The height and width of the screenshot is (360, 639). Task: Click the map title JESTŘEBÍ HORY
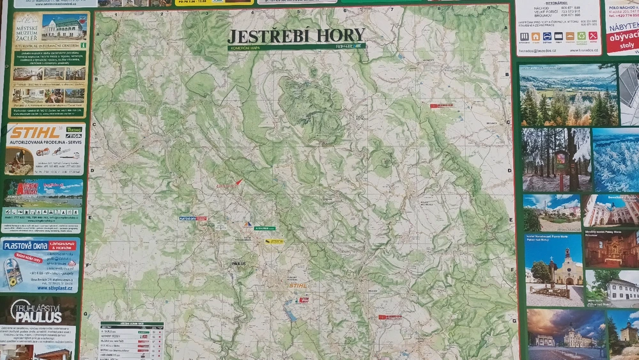pyautogui.click(x=296, y=35)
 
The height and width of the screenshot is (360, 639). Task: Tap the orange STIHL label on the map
pyautogui.click(x=298, y=286)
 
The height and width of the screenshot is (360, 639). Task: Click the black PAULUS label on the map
pyautogui.click(x=238, y=262)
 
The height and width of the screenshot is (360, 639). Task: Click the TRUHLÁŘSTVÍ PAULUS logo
pyautogui.click(x=37, y=311)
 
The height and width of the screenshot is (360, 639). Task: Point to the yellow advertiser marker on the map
pyautogui.click(x=274, y=241)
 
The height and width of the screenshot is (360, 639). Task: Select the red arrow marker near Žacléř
pyautogui.click(x=239, y=182)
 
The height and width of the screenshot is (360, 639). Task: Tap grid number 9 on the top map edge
pyautogui.click(x=489, y=8)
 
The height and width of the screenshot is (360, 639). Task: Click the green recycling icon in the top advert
pyautogui.click(x=581, y=36)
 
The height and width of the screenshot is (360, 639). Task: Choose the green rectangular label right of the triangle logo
pyautogui.click(x=264, y=228)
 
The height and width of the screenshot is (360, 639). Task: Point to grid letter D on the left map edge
pyautogui.click(x=92, y=171)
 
